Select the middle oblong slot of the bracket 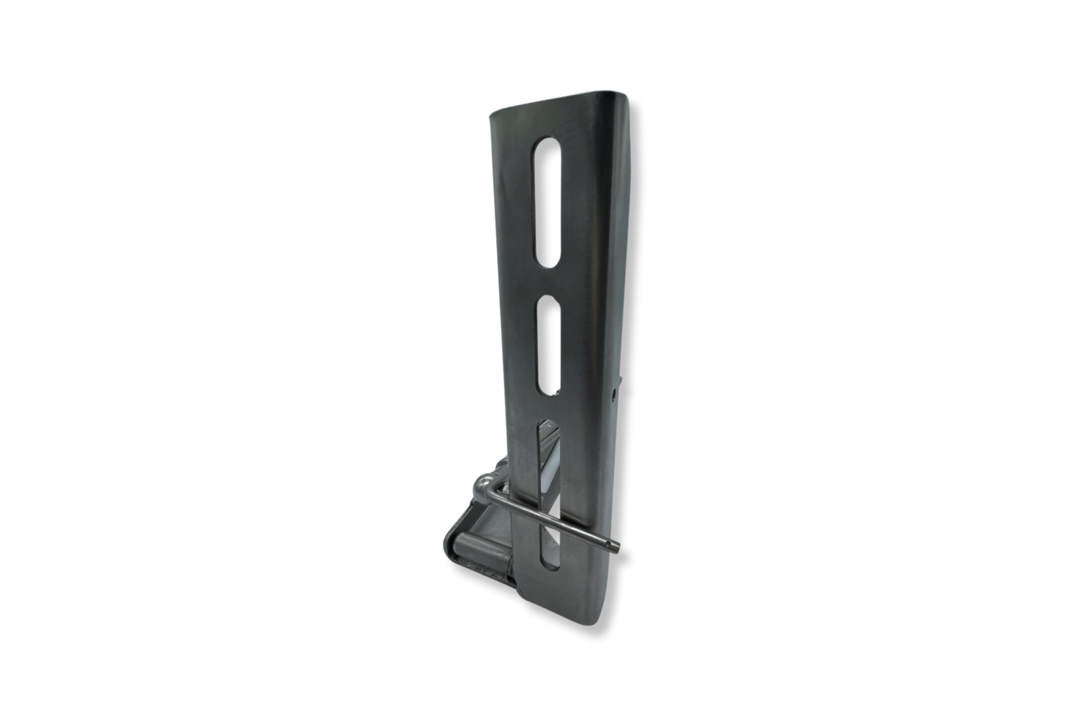click(x=549, y=347)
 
